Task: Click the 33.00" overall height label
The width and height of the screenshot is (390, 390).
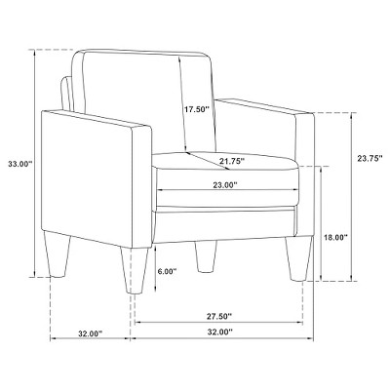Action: [20, 164]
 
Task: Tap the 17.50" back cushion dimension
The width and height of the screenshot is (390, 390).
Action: [196, 109]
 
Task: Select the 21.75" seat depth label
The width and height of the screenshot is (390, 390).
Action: [232, 161]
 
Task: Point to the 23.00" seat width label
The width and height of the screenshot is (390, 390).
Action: [225, 185]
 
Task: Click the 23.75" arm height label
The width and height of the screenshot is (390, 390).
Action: [370, 159]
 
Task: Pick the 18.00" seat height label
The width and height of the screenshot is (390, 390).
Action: [335, 237]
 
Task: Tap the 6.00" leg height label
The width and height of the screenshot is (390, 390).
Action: [167, 271]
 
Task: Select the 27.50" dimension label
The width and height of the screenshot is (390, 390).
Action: [219, 315]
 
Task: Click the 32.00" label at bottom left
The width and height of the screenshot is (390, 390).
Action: [90, 333]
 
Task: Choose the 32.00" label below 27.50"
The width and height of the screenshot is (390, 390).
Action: [220, 332]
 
